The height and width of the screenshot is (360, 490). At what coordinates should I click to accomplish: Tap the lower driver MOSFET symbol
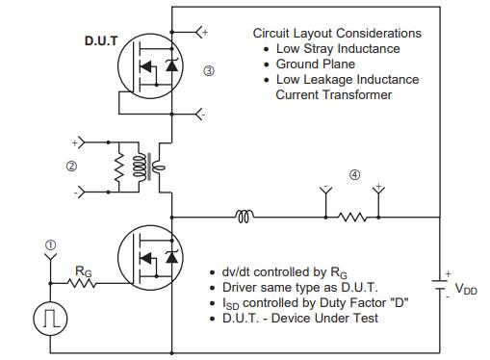150,257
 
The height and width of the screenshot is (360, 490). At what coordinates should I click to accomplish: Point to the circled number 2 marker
70,166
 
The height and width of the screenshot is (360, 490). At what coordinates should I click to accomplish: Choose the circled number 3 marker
210,70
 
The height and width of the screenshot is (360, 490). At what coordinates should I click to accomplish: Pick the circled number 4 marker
354,175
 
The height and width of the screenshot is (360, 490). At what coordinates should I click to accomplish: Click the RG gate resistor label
85,271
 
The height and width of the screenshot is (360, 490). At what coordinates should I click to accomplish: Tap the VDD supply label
466,288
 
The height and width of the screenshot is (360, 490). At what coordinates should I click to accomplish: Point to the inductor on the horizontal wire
245,217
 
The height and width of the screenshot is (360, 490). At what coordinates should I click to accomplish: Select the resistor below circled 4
353,217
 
